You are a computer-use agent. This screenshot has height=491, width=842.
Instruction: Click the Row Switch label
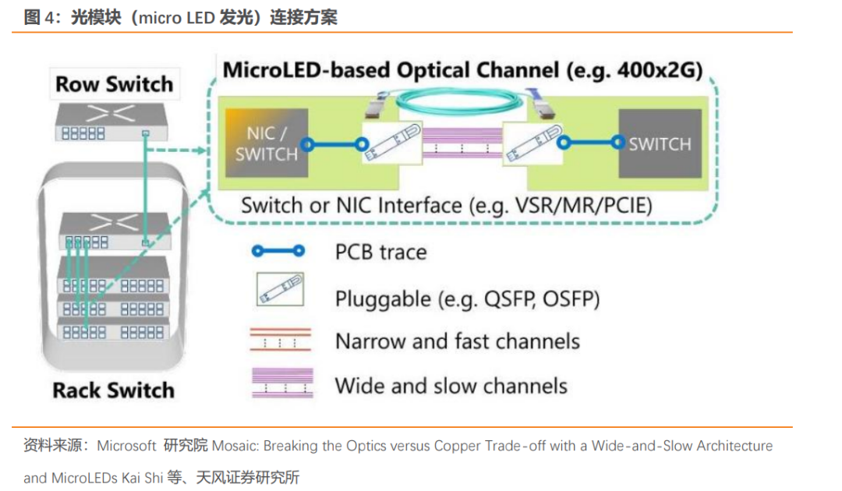pos(115,84)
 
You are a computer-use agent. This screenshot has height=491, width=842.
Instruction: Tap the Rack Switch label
pos(113,390)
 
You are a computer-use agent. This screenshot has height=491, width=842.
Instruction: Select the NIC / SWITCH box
pos(267,143)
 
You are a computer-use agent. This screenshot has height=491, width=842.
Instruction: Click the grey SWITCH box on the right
pos(660,143)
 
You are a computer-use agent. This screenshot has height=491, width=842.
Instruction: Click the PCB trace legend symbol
pos(278,251)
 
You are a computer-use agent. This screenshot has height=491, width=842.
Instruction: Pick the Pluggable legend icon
pos(280,289)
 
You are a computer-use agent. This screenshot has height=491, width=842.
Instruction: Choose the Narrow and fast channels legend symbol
pos(281,339)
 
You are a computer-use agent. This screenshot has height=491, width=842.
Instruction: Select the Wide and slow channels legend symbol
pos(282,383)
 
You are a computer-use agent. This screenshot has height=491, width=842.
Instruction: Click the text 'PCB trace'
pos(380,253)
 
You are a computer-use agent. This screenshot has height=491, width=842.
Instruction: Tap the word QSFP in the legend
pos(509,299)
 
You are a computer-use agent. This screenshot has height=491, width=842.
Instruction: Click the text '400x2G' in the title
pos(655,70)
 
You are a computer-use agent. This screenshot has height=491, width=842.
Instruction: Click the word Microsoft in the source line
pos(126,446)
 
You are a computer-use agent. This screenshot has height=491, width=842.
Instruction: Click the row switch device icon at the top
pos(111,122)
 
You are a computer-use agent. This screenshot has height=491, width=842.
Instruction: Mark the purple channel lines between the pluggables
pos(462,142)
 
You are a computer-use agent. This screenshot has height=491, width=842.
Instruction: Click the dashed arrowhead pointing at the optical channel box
pos(203,150)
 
